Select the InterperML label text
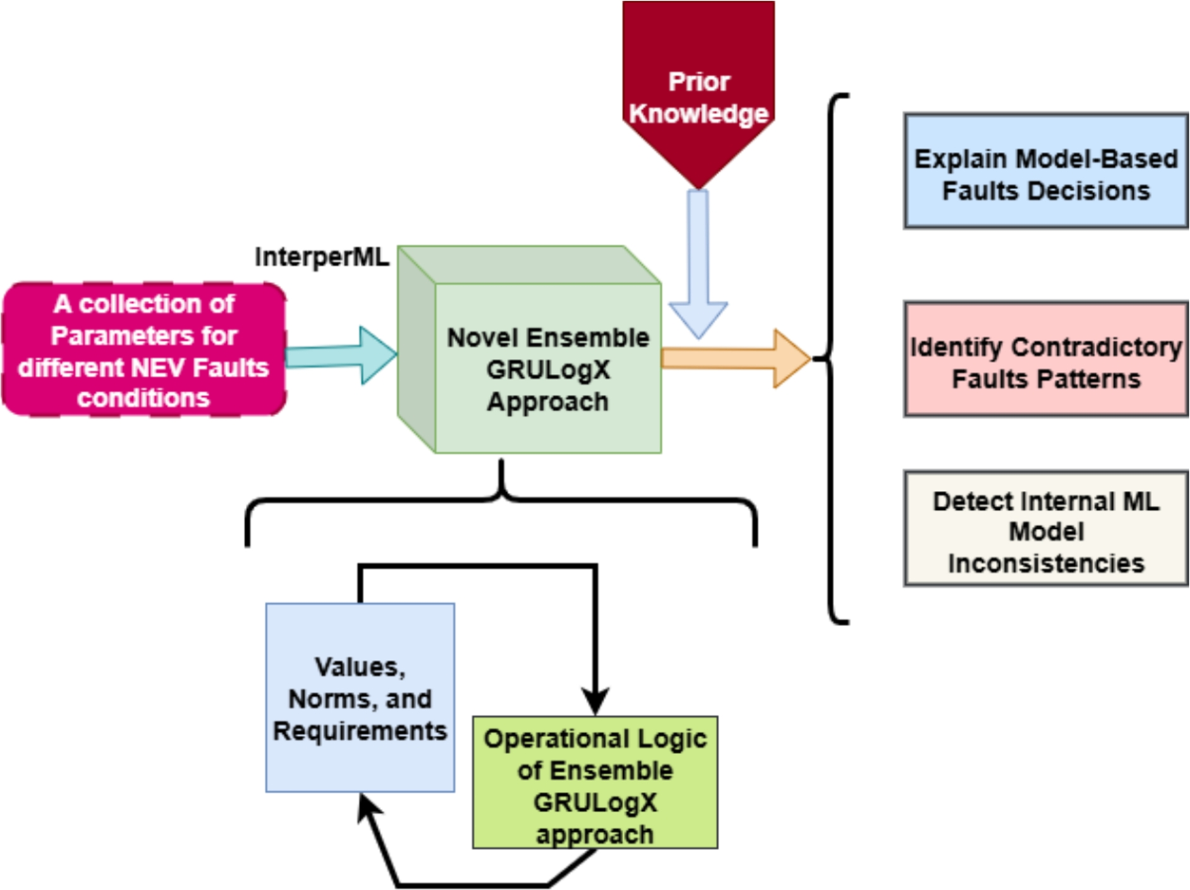coord(322,257)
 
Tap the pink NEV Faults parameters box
coord(144,350)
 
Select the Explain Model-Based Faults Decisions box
coord(1046,171)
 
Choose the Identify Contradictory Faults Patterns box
coord(1046,359)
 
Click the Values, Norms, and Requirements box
coord(360,697)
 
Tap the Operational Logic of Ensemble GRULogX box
coord(595,782)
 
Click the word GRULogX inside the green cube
coord(548,370)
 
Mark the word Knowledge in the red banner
coord(698,114)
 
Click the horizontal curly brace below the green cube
coord(501,500)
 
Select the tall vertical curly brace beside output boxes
coord(830,359)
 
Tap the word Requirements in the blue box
coord(360,731)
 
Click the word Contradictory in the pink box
coord(1096,347)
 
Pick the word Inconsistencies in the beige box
coord(1046,563)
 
